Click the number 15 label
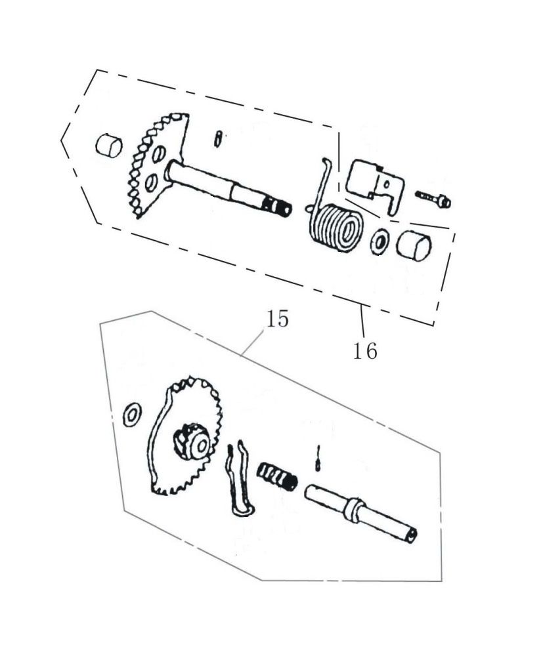[278, 319]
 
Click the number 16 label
[364, 350]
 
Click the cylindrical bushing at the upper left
[109, 146]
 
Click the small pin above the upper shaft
[218, 139]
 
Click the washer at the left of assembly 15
[132, 415]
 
